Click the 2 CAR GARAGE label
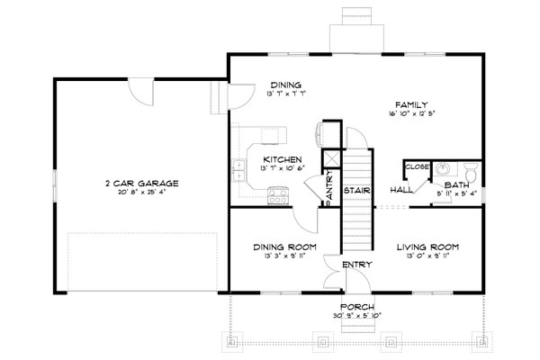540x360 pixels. [x=140, y=183]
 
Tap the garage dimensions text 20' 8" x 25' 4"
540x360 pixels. [x=140, y=192]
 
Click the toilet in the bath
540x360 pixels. [x=472, y=172]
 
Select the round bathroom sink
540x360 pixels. [x=442, y=171]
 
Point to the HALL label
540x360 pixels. [x=400, y=190]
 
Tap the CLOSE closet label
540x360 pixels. [x=416, y=166]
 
